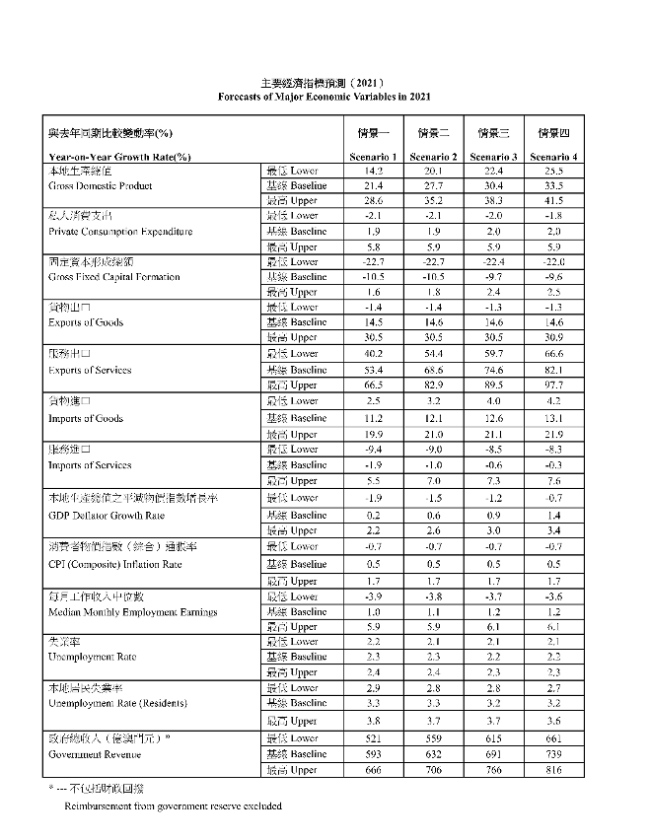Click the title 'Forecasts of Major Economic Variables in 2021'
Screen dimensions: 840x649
324,97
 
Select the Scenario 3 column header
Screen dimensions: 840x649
493,157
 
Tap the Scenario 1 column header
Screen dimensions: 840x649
373,157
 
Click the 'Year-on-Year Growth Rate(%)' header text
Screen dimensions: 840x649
119,157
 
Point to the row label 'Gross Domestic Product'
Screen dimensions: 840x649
100,185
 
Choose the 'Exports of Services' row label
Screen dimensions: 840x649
89,371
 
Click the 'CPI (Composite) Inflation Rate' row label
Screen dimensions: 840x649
114,564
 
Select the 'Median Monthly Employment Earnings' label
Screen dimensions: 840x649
132,612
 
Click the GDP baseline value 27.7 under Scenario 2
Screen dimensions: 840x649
433,185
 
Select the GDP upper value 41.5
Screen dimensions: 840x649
552,200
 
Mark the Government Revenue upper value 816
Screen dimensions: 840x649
552,770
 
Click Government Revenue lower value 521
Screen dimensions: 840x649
373,738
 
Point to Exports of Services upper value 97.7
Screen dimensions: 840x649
552,384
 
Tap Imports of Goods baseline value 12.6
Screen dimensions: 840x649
493,418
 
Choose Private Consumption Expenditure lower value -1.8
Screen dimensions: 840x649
552,216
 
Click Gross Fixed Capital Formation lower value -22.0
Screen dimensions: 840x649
552,261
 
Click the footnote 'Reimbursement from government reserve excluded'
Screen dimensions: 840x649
174,805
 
